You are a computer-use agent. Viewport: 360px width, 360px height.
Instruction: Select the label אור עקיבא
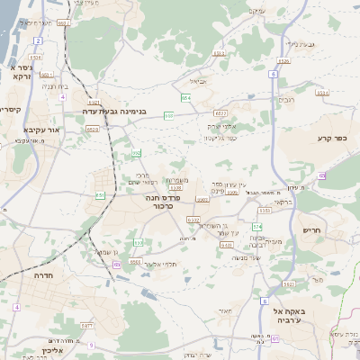41,130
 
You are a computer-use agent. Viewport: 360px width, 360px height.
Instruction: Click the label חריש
312,230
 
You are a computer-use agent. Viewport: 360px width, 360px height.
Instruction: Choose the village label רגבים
286,99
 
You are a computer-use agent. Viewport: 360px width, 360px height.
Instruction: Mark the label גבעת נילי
304,43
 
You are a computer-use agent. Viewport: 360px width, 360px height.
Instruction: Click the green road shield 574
257,226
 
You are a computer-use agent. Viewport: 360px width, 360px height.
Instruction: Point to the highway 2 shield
38,40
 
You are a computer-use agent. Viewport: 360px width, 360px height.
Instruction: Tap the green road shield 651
99,193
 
